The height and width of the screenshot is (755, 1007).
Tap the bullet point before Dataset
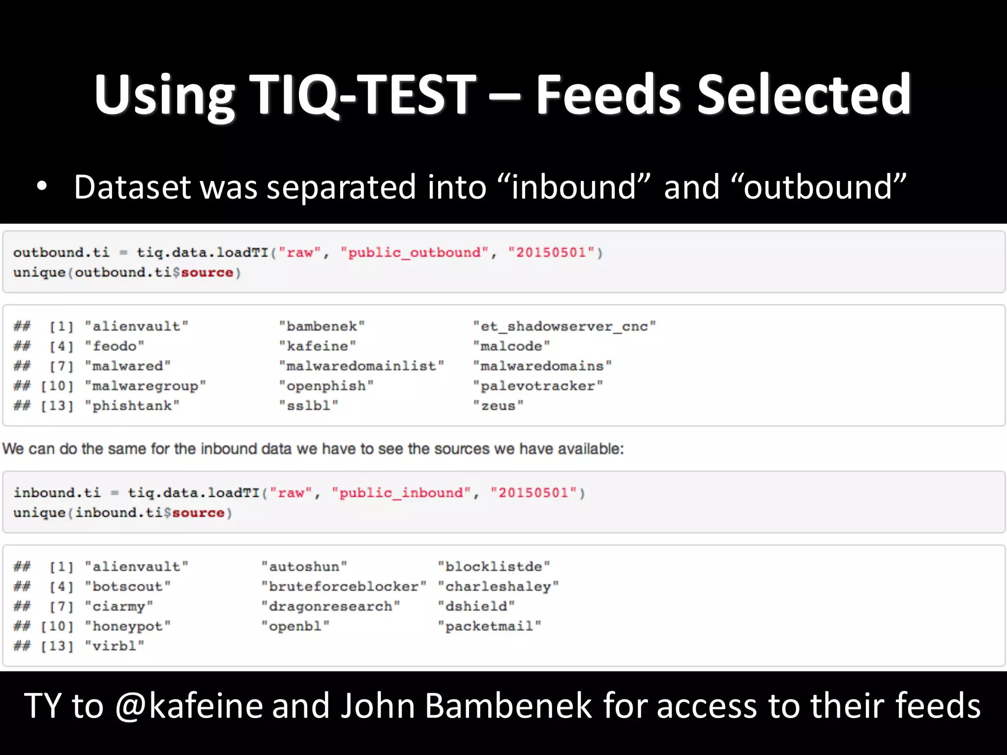(42, 187)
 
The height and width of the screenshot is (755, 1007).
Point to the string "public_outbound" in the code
(415, 253)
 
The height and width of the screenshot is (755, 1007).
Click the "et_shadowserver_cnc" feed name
(564, 326)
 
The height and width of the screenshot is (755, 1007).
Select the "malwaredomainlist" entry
(361, 366)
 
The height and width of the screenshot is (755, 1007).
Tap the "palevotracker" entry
(538, 386)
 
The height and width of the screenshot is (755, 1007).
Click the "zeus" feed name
(498, 406)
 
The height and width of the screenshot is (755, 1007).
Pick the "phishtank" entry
(132, 406)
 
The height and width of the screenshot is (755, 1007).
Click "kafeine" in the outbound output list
(318, 347)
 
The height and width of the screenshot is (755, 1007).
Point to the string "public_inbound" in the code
(401, 493)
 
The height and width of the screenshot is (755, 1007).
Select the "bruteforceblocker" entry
(344, 587)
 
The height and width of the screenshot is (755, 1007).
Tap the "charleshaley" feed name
(498, 587)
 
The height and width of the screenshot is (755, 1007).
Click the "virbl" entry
(115, 646)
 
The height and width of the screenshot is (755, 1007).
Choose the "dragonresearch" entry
(330, 607)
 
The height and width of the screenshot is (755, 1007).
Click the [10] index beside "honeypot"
(57, 626)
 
